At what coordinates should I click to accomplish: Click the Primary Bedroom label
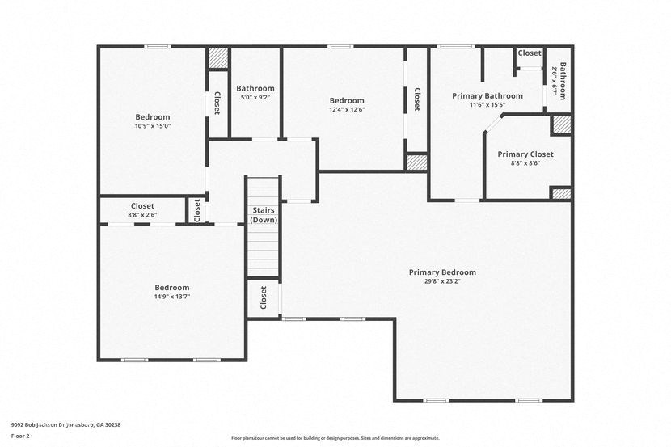[x=442, y=272]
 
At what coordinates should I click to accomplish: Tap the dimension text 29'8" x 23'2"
[x=442, y=282]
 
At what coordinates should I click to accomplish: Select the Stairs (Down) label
[x=263, y=215]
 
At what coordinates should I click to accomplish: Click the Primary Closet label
[x=525, y=154]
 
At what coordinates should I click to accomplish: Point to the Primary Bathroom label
[x=487, y=95]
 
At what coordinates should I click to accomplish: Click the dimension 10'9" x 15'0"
[x=152, y=126]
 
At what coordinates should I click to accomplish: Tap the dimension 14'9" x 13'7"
[x=171, y=297]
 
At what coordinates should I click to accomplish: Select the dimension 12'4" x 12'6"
[x=346, y=110]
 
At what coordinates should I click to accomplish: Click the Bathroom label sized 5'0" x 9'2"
[x=255, y=88]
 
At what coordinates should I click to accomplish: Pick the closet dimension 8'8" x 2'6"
[x=142, y=215]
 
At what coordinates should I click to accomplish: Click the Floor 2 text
[x=20, y=435]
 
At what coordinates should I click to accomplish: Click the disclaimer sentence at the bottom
[x=335, y=438]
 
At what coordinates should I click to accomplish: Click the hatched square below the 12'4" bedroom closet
[x=416, y=162]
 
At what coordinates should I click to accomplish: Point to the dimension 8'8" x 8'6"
[x=525, y=163]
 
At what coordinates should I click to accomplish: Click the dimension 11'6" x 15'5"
[x=487, y=104]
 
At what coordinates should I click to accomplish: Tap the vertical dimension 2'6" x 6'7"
[x=555, y=81]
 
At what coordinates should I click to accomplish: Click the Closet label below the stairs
[x=263, y=297]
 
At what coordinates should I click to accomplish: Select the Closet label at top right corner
[x=530, y=53]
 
